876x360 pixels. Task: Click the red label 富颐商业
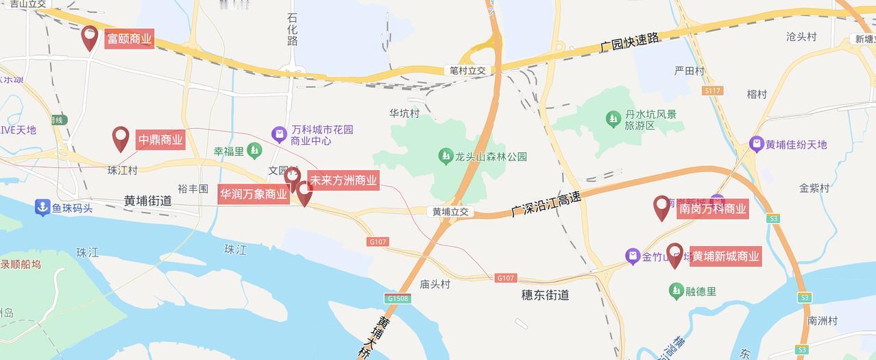(x=129, y=39)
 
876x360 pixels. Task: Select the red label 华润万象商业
(x=254, y=194)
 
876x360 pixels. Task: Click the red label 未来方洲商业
(x=343, y=180)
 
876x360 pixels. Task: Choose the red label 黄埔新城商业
(x=725, y=256)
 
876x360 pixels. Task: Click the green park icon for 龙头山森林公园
(x=446, y=156)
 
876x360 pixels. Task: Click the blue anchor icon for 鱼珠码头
(x=42, y=207)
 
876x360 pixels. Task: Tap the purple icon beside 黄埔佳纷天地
(x=756, y=145)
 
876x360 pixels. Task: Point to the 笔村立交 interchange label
(x=467, y=71)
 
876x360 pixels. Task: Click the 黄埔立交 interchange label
(x=450, y=212)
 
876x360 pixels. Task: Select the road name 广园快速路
(x=629, y=43)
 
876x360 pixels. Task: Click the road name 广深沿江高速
(x=546, y=204)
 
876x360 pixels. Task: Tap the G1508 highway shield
(x=398, y=298)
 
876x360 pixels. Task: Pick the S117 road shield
(x=712, y=91)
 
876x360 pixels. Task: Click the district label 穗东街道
(x=546, y=296)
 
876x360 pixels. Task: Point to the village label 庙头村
(x=435, y=284)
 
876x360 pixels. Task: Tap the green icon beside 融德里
(x=676, y=291)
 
